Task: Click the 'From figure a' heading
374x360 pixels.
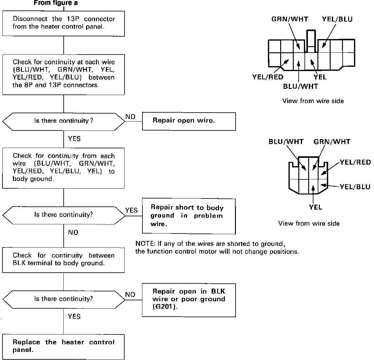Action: tap(56, 3)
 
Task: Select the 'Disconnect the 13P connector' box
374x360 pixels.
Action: tap(64, 23)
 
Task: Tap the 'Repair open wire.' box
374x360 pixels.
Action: tap(189, 121)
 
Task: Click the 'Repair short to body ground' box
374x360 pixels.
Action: tap(189, 216)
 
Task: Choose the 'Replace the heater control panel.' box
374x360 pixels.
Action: tap(64, 346)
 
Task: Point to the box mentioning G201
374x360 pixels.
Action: tap(189, 300)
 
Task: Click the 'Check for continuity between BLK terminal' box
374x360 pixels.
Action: tap(64, 260)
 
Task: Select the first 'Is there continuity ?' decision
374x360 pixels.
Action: tap(64, 121)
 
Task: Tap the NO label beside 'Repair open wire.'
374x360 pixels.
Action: tap(130, 117)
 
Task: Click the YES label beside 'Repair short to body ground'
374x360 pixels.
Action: tap(132, 210)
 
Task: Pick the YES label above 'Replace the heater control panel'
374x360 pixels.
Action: tap(74, 317)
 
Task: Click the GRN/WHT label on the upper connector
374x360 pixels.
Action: tap(289, 19)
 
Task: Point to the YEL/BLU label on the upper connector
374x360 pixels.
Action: tap(337, 19)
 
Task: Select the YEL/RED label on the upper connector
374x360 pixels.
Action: tap(268, 77)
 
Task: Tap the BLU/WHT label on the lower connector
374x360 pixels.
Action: tap(286, 142)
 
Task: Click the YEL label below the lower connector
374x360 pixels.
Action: tap(316, 207)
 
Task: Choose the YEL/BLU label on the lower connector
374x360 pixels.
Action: tap(355, 187)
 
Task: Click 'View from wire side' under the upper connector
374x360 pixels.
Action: tap(313, 101)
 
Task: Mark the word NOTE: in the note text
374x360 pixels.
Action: tap(145, 244)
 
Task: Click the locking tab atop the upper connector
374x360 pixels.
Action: tap(311, 38)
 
